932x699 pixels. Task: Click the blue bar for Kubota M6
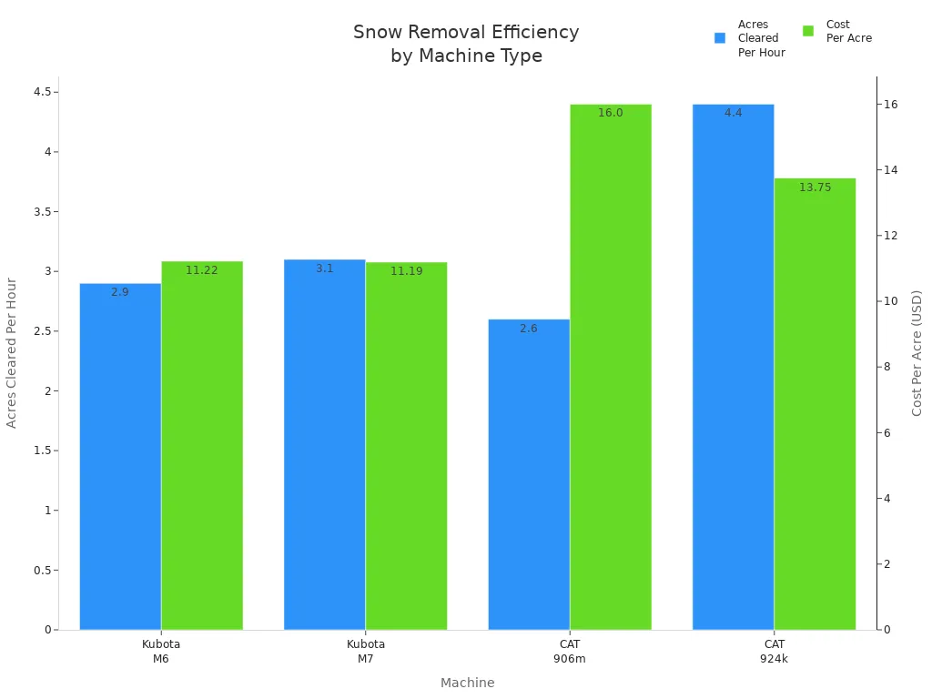coord(120,455)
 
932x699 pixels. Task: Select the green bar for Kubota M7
coord(406,446)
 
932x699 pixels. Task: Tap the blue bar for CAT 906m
coord(529,473)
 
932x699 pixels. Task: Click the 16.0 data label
coord(611,113)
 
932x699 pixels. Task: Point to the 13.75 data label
coord(815,187)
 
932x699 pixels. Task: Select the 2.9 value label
coord(120,292)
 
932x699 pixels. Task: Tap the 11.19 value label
coord(406,271)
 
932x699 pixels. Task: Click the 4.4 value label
coord(733,113)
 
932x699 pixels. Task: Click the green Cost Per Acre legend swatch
coord(808,31)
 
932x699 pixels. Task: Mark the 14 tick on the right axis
coord(892,170)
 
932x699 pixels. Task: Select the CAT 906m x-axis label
coord(570,651)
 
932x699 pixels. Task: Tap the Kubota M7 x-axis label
coord(365,651)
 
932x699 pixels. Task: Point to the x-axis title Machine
coord(467,683)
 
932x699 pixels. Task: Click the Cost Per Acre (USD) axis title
coord(917,353)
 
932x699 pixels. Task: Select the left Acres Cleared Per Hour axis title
coord(12,353)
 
